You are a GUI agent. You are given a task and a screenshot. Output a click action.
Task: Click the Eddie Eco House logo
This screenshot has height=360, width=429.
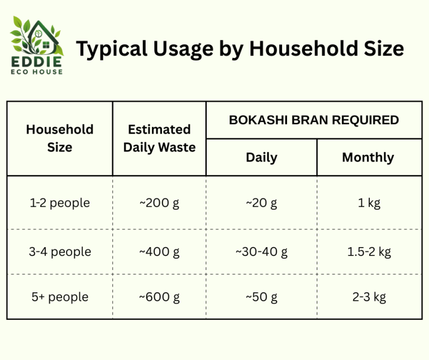pyautogui.click(x=37, y=45)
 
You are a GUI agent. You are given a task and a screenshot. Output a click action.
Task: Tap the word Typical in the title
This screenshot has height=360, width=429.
pyautogui.click(x=112, y=49)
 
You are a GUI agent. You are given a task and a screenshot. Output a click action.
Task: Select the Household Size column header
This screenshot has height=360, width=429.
pyautogui.click(x=60, y=138)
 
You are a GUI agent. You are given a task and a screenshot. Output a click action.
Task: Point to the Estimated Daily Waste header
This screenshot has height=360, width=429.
pyautogui.click(x=159, y=138)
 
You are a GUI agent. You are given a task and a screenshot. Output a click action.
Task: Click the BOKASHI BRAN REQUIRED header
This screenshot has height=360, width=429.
pyautogui.click(x=314, y=120)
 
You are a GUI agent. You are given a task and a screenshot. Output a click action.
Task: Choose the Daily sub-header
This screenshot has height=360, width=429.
pyautogui.click(x=261, y=158)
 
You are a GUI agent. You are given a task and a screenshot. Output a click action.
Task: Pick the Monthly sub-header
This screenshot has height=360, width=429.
pyautogui.click(x=368, y=158)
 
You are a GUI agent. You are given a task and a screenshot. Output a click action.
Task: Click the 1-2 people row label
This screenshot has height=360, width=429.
pyautogui.click(x=60, y=203)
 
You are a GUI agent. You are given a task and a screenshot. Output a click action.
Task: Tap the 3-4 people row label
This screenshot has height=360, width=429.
pyautogui.click(x=60, y=252)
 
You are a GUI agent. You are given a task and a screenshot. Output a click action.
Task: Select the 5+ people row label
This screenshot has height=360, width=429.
pyautogui.click(x=60, y=297)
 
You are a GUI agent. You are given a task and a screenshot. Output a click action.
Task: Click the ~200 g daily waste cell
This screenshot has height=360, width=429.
pyautogui.click(x=159, y=203)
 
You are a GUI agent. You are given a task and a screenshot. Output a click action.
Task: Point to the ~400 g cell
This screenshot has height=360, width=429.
pyautogui.click(x=159, y=252)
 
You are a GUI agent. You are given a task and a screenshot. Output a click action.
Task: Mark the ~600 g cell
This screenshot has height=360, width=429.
pyautogui.click(x=159, y=297)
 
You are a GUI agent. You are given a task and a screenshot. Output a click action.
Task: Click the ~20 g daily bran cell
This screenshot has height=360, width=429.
pyautogui.click(x=261, y=203)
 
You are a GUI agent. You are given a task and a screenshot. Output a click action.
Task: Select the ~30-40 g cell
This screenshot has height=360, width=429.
pyautogui.click(x=261, y=252)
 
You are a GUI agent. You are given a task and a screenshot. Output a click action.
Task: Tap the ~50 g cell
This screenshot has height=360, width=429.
pyautogui.click(x=261, y=297)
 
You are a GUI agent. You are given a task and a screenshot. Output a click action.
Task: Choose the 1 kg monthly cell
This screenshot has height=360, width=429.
pyautogui.click(x=369, y=203)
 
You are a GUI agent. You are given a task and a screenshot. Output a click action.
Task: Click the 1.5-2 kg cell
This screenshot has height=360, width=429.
pyautogui.click(x=369, y=252)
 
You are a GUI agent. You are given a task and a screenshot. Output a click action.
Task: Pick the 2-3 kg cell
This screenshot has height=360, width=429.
pyautogui.click(x=369, y=297)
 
